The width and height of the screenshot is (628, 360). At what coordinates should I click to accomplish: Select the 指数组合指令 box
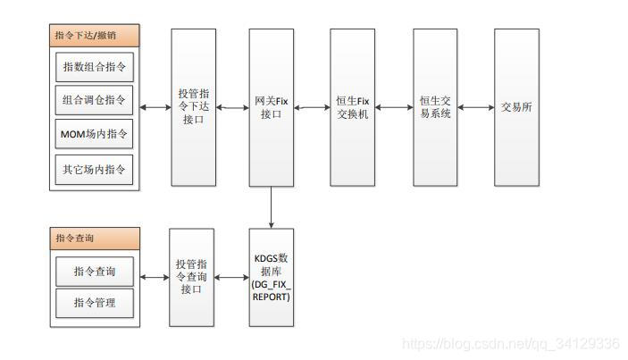tap(94, 67)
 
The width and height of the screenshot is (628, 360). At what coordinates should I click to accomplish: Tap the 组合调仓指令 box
tap(94, 100)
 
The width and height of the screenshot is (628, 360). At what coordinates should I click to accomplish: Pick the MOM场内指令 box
tap(94, 134)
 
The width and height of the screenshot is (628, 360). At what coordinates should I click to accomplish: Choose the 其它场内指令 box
tap(94, 168)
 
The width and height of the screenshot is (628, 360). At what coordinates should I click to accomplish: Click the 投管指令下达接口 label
tap(194, 107)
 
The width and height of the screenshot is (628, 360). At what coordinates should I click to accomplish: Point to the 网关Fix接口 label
tap(271, 107)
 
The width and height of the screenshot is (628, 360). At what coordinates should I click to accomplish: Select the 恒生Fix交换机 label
tap(352, 107)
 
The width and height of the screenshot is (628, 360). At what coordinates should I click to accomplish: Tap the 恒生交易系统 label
tap(435, 107)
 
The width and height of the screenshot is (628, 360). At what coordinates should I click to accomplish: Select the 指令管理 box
tap(94, 303)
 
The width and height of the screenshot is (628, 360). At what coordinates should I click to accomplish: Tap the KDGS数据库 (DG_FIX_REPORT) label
tap(272, 277)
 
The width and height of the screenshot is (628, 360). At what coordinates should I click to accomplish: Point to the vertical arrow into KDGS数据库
tap(271, 207)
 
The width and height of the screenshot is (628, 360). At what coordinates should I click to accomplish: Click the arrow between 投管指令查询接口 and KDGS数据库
tap(232, 277)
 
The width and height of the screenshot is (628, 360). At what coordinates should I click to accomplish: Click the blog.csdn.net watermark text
tap(511, 344)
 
